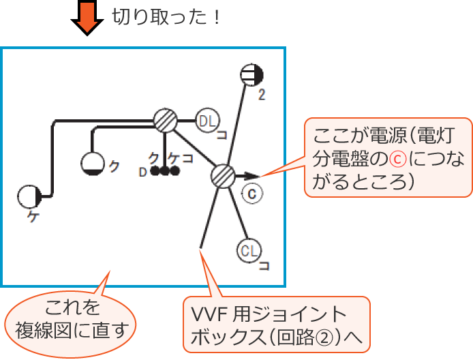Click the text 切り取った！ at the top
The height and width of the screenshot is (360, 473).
(x=167, y=16)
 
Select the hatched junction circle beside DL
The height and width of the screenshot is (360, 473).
(x=164, y=121)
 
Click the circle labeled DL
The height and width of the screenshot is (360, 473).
(x=207, y=121)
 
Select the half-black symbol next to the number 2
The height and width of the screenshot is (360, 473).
(x=253, y=76)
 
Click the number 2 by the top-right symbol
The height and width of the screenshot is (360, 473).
(x=261, y=94)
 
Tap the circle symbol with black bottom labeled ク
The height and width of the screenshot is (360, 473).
(x=93, y=163)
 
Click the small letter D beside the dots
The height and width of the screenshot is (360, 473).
(x=142, y=172)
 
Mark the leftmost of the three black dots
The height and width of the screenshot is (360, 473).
(x=155, y=170)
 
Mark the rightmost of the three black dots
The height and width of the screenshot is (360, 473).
(x=175, y=170)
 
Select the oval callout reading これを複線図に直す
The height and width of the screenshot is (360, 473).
(x=72, y=318)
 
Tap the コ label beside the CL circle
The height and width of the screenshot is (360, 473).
(x=264, y=265)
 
